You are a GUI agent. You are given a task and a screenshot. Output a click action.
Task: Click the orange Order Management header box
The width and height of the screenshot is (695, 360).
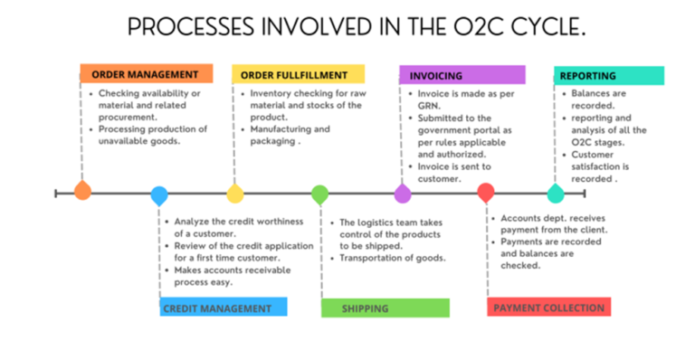(146, 74)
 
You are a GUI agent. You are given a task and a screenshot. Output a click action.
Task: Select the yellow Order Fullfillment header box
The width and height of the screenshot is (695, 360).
(298, 74)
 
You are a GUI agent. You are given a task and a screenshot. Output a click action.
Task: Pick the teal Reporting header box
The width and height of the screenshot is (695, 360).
(607, 75)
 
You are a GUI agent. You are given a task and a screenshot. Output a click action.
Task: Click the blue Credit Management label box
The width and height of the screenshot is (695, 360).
(223, 308)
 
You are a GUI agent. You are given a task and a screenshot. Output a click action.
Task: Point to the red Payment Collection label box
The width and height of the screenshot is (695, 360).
(548, 308)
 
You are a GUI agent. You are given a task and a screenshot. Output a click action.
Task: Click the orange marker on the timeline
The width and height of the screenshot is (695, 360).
(82, 191)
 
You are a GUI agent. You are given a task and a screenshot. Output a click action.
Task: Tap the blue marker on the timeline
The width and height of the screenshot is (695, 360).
(158, 194)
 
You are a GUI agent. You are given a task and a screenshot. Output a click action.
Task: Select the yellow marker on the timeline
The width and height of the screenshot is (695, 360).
(234, 193)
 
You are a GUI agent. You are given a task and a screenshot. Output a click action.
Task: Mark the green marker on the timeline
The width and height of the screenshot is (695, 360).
(319, 194)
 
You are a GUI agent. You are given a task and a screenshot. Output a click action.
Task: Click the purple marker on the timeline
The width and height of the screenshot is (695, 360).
(403, 193)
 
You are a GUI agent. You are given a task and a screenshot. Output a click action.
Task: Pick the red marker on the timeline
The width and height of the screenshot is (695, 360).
(486, 193)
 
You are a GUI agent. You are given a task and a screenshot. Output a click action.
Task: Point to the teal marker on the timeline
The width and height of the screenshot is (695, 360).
(556, 193)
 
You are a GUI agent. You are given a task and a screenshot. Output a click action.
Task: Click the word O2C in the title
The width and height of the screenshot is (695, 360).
(469, 27)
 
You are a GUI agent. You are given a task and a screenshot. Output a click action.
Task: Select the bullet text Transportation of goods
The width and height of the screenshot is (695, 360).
(393, 259)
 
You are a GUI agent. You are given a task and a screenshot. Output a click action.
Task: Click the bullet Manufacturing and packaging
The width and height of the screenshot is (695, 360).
(285, 136)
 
